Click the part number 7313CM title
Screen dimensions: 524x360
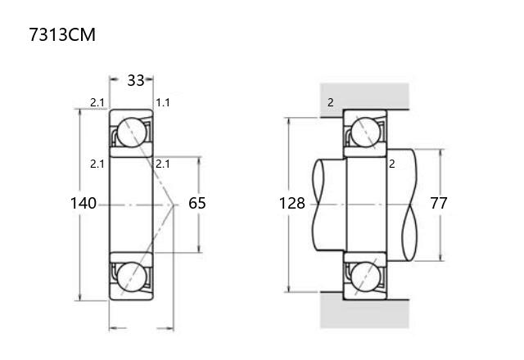(x=62, y=34)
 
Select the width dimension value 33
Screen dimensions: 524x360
(x=136, y=80)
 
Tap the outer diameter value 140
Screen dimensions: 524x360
(x=84, y=203)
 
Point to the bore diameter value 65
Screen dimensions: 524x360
(x=197, y=203)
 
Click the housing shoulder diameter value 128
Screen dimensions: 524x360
(x=292, y=203)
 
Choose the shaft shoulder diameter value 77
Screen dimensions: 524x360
(x=439, y=203)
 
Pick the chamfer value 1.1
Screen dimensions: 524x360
(x=163, y=102)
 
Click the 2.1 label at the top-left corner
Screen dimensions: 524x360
(x=97, y=102)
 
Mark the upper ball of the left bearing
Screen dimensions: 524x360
(x=132, y=133)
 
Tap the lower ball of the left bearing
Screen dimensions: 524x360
(x=132, y=277)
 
